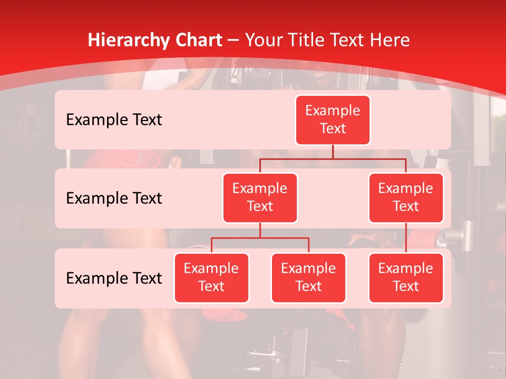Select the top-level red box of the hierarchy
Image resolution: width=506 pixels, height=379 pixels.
333,119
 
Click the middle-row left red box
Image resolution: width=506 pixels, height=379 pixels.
260,197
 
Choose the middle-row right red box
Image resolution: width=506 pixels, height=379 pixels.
406,197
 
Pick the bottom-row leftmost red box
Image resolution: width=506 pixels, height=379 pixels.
211,277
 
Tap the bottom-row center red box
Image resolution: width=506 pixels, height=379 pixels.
308,277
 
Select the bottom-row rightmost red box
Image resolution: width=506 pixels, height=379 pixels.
406,277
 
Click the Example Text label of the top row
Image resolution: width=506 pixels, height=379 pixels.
114,119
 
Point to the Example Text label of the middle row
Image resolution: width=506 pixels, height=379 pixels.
114,198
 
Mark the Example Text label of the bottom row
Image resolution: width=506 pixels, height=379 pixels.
114,278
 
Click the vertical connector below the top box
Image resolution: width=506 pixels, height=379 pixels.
333,152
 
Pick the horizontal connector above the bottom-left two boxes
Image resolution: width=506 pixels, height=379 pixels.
260,238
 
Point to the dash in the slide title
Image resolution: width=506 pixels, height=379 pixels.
232,41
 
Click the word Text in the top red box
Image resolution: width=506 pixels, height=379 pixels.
333,128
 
